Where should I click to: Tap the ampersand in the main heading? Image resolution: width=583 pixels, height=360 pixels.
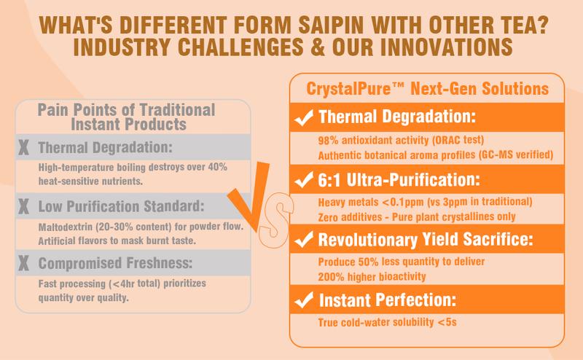tap(318, 47)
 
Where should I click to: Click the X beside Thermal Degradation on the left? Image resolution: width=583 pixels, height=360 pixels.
tap(23, 147)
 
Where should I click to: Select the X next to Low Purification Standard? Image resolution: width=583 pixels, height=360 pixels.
tap(23, 206)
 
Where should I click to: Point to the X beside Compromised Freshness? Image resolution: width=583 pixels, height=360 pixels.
tap(23, 263)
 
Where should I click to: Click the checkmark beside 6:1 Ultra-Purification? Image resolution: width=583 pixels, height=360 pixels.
tap(304, 180)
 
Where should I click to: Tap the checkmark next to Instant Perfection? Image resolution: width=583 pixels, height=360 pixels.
tap(304, 300)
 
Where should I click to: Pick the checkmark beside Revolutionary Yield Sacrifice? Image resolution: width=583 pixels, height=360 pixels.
tap(304, 240)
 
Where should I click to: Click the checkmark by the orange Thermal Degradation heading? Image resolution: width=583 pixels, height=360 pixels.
tap(304, 117)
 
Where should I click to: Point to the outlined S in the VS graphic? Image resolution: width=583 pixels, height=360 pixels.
tap(275, 220)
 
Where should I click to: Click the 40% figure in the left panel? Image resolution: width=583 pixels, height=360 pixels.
tap(217, 167)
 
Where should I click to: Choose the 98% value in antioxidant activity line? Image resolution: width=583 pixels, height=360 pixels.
tap(329, 141)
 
